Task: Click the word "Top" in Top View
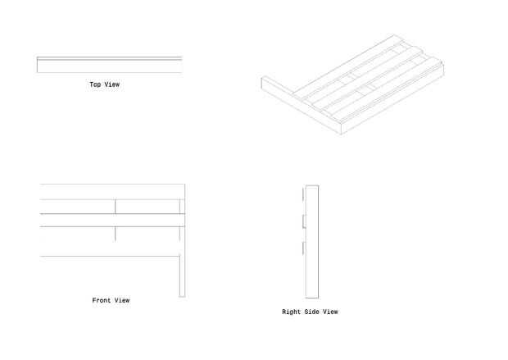click(95, 84)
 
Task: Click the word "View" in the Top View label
click(111, 84)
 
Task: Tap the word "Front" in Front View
click(101, 301)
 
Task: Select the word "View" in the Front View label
click(122, 301)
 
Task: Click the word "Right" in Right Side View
click(292, 312)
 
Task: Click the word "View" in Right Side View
click(330, 312)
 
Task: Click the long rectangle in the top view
click(109, 66)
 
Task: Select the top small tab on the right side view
click(303, 195)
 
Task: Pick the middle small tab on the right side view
click(303, 221)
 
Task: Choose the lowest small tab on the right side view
click(303, 248)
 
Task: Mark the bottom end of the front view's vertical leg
click(183, 296)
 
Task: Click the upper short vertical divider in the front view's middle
click(116, 206)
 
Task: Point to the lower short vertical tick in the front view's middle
click(116, 234)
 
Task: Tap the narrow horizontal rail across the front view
click(111, 220)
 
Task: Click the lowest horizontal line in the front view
click(111, 257)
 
